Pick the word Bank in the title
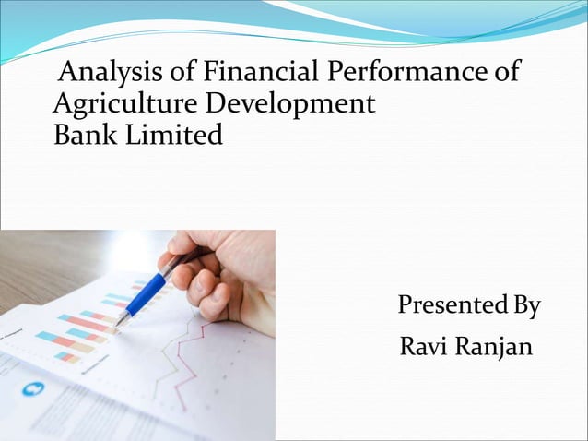pyautogui.click(x=81, y=137)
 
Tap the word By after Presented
pyautogui.click(x=525, y=305)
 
